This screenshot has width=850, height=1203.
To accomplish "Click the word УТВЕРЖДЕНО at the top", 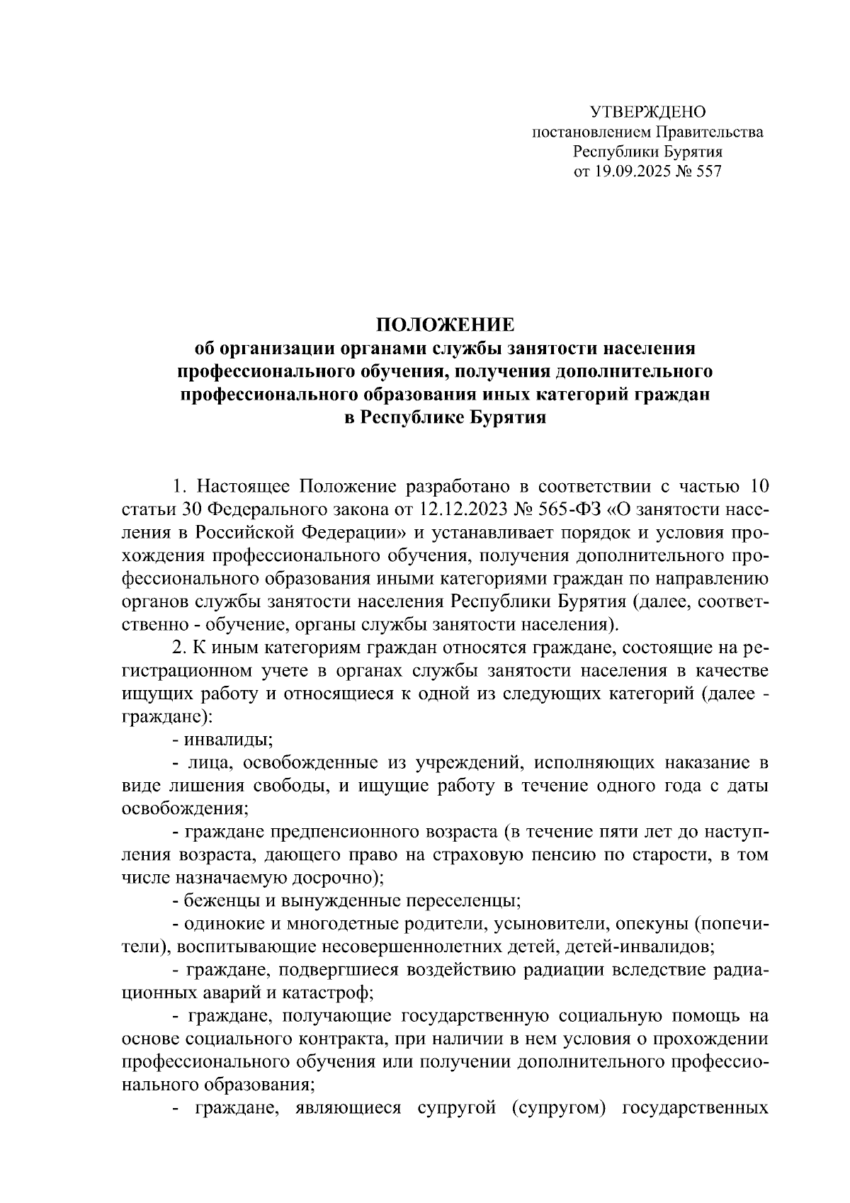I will point(648,112).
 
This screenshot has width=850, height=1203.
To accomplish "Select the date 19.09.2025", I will point(628,171).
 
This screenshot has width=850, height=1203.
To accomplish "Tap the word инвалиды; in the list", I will point(229,740).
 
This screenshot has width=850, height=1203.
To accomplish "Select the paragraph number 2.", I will point(178,648).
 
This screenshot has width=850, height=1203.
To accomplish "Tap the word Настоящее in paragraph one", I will point(242,487).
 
